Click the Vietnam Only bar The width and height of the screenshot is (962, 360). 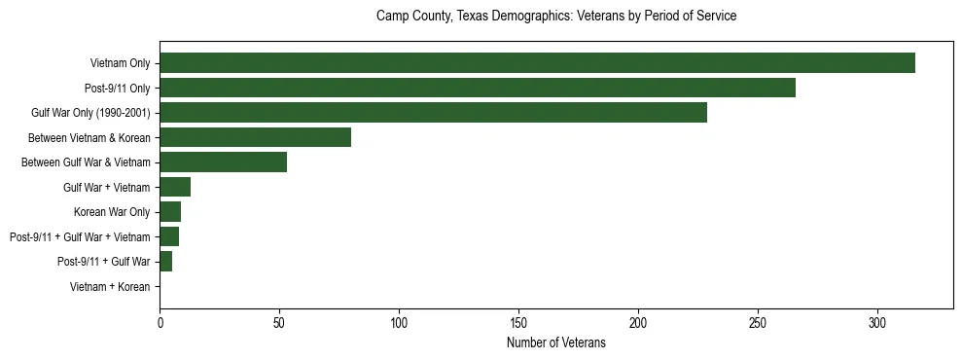537,63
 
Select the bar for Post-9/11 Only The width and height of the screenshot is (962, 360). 478,89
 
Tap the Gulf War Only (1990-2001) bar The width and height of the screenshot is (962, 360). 433,113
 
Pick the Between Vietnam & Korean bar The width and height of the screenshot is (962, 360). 255,137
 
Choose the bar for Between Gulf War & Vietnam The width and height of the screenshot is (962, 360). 223,162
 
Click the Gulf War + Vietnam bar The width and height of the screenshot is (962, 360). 175,187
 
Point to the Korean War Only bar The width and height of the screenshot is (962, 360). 170,212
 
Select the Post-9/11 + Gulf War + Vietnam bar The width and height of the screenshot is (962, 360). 169,236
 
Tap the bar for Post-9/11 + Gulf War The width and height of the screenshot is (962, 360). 165,262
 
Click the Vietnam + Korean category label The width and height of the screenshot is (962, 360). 110,287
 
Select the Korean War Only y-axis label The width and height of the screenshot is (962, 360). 112,212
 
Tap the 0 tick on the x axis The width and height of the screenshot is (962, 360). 160,325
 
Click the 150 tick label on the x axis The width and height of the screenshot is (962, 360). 518,325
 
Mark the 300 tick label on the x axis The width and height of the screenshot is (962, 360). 877,325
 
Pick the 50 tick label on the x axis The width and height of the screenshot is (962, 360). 279,325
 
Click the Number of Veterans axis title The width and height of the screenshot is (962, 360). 556,342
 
